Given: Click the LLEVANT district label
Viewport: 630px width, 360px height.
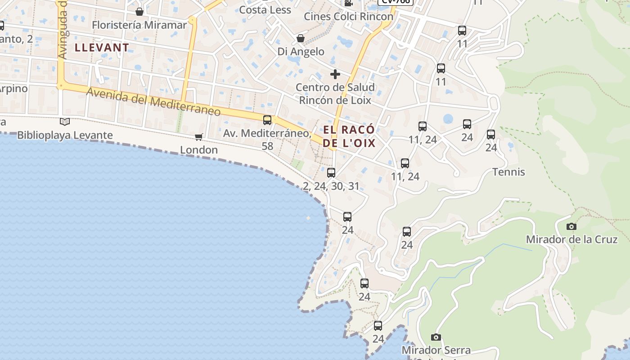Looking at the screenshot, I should click(102, 47).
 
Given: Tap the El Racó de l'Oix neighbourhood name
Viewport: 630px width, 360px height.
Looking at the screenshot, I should click(349, 136).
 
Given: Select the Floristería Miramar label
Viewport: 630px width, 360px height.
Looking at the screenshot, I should click(139, 25).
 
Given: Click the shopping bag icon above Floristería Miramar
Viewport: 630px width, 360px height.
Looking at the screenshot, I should click(139, 11).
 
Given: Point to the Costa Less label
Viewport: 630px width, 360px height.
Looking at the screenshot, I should click(265, 9).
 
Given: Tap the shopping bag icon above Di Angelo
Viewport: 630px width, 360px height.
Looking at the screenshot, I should click(300, 39).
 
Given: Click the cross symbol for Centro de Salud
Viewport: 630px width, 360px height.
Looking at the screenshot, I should click(335, 74).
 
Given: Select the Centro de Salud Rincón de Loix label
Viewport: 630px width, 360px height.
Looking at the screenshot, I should click(335, 94).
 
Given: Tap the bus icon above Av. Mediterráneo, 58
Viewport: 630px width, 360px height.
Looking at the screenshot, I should click(267, 120).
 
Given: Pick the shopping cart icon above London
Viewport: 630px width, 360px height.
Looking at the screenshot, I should click(198, 137).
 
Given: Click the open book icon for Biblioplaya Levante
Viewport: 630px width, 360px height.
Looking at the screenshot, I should click(65, 121).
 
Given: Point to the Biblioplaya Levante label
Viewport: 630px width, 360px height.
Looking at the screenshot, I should click(65, 135).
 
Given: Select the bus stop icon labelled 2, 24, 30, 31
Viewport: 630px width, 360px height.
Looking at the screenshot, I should click(331, 172).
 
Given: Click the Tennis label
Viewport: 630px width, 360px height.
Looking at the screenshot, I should click(508, 172).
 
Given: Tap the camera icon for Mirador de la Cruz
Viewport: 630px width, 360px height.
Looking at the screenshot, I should click(571, 226).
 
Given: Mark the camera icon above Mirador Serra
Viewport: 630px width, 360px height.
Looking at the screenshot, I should click(436, 337).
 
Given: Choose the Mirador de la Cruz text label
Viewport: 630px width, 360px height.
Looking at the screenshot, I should click(571, 239).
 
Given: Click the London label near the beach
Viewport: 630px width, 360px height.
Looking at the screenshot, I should click(199, 150).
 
